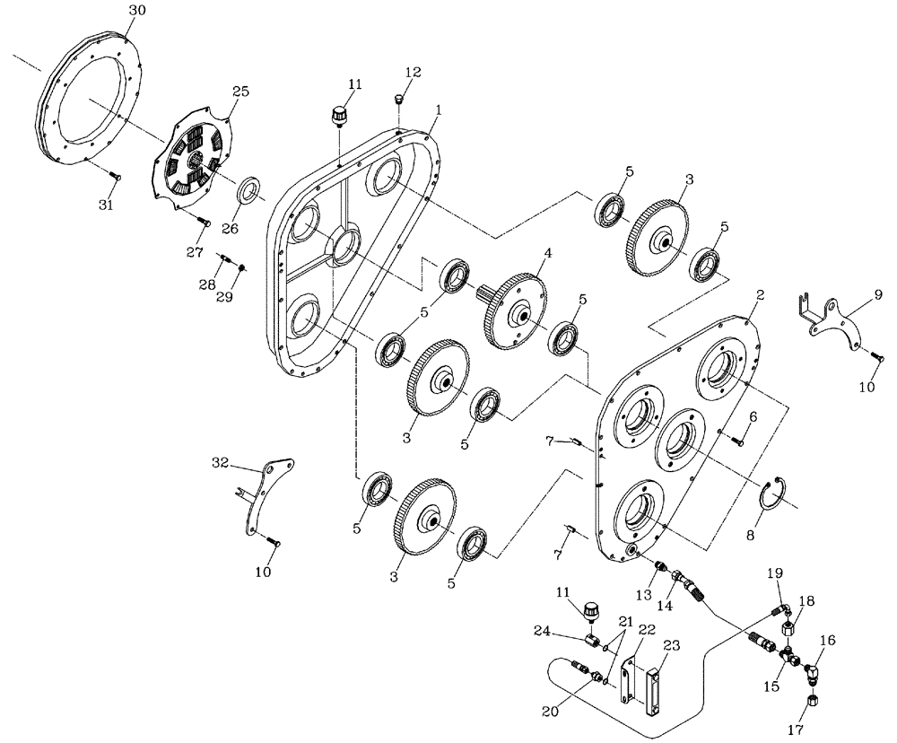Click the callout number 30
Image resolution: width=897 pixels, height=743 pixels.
pyautogui.click(x=135, y=10)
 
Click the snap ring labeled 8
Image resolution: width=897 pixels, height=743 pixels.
pyautogui.click(x=771, y=495)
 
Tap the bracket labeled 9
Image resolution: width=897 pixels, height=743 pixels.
pyautogui.click(x=830, y=319)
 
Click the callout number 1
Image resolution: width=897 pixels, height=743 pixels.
pyautogui.click(x=438, y=109)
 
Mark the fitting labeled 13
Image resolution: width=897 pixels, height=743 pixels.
pyautogui.click(x=658, y=567)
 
